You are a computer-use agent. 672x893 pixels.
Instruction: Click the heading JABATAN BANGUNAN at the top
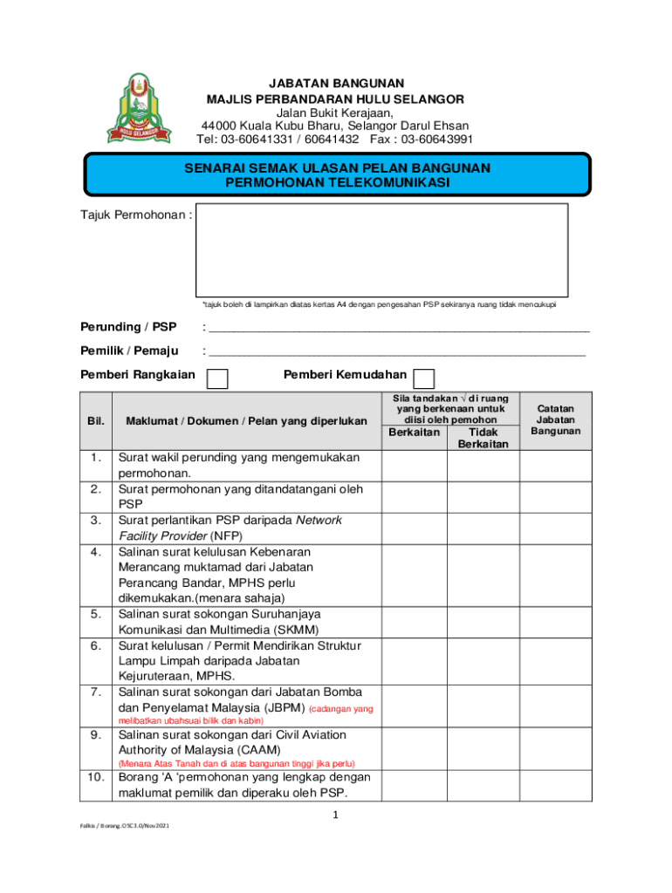click(x=335, y=83)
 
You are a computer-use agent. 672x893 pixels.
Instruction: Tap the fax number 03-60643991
click(x=436, y=139)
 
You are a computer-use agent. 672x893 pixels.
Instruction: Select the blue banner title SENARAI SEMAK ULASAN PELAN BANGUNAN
click(x=336, y=167)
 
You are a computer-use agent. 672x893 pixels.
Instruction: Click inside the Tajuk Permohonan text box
click(x=381, y=250)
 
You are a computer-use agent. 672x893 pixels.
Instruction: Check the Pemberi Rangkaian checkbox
click(x=216, y=378)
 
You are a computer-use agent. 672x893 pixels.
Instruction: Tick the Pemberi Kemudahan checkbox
click(x=423, y=378)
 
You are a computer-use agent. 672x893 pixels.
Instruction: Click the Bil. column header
click(x=96, y=420)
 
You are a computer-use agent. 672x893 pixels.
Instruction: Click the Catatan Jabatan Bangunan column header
click(x=558, y=419)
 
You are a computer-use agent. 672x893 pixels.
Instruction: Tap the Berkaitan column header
click(x=414, y=432)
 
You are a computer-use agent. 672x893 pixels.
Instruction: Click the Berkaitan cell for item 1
click(x=414, y=466)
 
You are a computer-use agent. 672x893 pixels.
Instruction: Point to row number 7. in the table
click(x=96, y=692)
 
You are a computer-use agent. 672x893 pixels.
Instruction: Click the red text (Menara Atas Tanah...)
click(x=237, y=763)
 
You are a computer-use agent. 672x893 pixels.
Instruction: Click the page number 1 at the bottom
click(x=335, y=815)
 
